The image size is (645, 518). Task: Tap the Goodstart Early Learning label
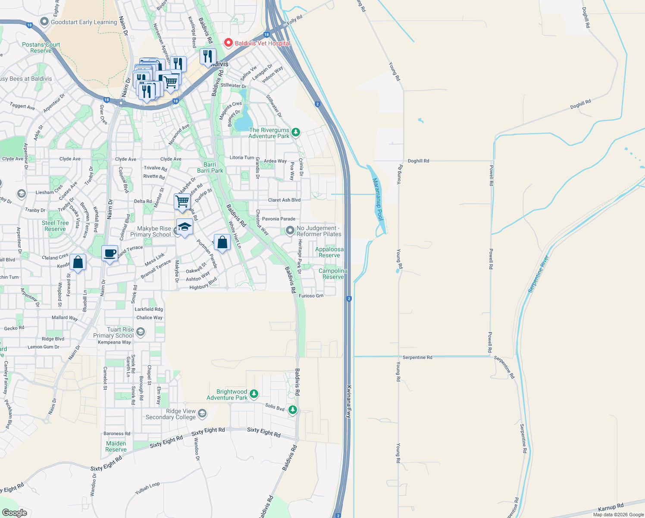pos(84,22)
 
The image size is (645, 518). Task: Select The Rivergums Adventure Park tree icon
pos(295,132)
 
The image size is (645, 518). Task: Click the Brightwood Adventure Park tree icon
pos(254,394)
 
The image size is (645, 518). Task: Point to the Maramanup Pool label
pos(377,199)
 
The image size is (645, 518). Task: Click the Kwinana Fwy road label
pos(349,401)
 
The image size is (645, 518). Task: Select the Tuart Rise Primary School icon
pos(140,332)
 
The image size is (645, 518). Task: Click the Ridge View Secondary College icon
pos(202,414)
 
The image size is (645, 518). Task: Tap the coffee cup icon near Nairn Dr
pos(110,253)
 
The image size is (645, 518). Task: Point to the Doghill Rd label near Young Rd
pos(418,161)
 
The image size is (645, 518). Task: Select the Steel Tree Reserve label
pos(55,226)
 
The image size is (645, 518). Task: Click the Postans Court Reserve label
pos(41,47)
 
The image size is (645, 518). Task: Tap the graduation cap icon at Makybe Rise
pos(185,227)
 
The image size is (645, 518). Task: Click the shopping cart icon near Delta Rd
pos(182,201)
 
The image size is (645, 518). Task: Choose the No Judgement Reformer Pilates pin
pos(290,231)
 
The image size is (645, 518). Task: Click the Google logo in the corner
pos(14,513)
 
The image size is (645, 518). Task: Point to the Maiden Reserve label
pos(116,446)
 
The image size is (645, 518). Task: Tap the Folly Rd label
pos(295,20)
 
